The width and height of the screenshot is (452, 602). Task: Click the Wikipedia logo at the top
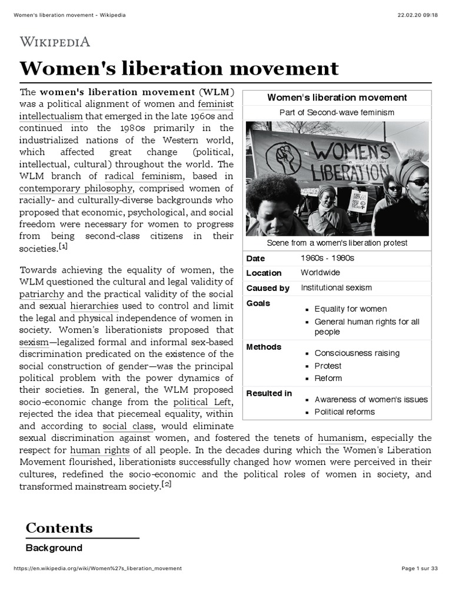tap(55, 41)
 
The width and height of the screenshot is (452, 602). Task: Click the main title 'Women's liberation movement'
tap(179, 68)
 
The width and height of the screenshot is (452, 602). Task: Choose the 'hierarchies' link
tap(94, 306)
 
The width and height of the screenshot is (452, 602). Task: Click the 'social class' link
tap(128, 426)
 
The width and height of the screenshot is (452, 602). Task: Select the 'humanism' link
tap(340, 438)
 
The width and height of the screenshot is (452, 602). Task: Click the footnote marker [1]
tap(63, 247)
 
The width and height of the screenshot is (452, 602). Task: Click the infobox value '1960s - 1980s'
tap(328, 258)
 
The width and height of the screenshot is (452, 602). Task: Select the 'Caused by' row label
tap(268, 288)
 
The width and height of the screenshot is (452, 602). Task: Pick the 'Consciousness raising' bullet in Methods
tap(357, 353)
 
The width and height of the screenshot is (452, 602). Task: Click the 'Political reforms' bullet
tap(344, 412)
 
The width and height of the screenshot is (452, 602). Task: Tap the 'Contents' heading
tap(59, 527)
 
